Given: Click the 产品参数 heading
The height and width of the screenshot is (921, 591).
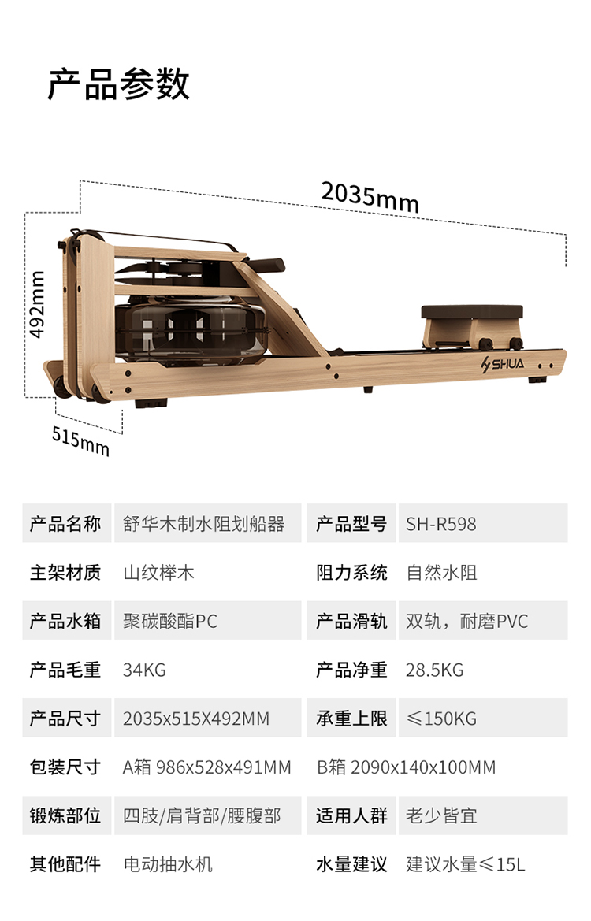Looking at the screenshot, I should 118,84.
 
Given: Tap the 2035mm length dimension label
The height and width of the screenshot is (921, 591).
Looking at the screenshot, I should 370,196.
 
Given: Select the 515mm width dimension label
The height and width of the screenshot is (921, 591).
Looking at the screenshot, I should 80,438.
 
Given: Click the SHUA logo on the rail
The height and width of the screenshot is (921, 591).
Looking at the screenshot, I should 507,365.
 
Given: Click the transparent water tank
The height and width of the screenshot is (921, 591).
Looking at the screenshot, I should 189,322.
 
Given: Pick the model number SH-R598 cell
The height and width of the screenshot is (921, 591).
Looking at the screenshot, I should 441,524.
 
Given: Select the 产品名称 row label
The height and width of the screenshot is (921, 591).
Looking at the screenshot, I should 65,524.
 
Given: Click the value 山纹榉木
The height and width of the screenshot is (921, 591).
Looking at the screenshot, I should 158,573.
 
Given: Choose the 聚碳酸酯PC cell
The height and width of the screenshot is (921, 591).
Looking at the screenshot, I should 169,621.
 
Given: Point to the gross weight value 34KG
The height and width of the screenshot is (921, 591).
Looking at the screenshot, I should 144,670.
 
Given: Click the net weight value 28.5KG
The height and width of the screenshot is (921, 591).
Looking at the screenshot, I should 434,670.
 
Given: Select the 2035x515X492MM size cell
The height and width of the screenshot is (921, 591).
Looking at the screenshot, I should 195,719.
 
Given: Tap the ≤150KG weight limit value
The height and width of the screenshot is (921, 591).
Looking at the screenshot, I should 441,719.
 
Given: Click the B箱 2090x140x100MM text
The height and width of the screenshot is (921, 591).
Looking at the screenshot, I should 406,767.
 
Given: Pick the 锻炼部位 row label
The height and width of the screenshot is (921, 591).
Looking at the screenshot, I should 65,815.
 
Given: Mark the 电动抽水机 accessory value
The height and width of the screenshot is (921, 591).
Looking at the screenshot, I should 168,864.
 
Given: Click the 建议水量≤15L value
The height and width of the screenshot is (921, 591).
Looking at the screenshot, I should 465,864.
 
